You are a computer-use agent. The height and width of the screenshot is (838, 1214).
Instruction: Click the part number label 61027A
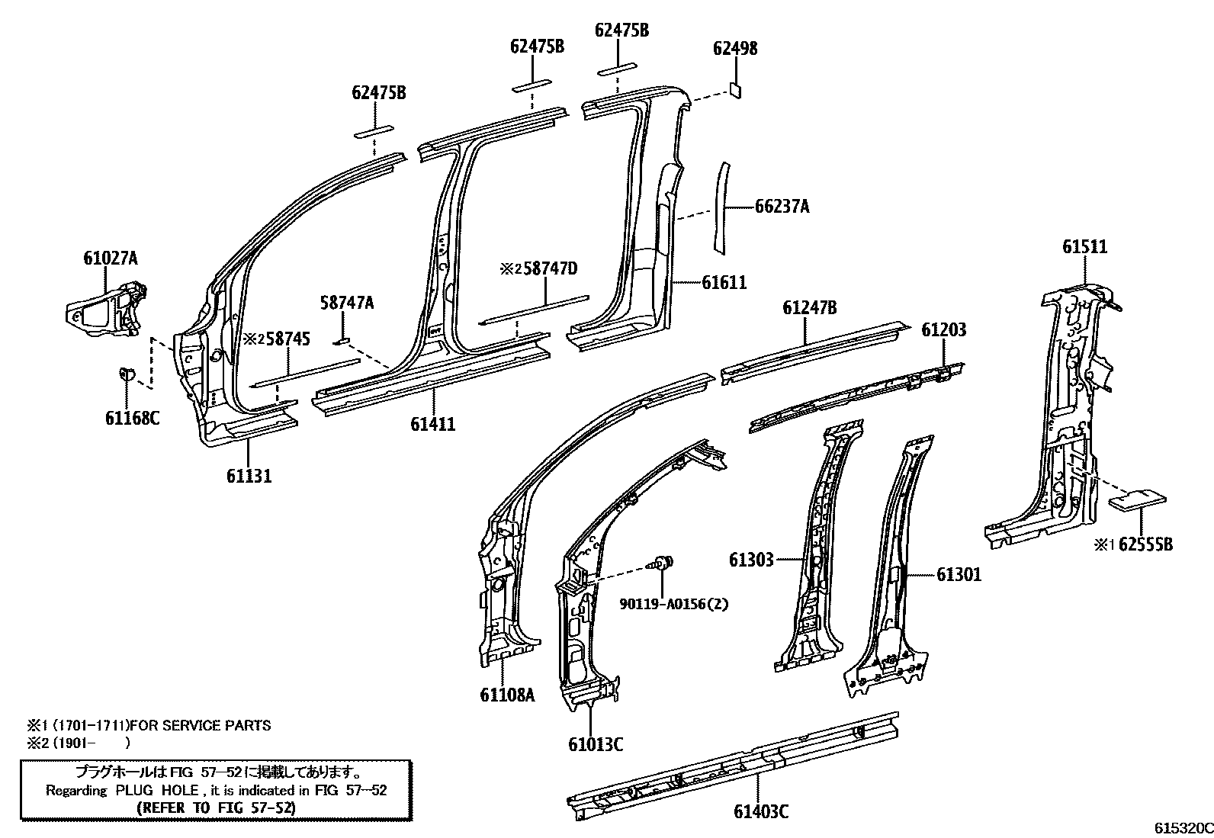click(111, 258)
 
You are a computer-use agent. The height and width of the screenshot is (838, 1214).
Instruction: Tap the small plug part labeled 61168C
click(127, 374)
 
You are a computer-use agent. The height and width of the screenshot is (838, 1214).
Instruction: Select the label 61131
click(249, 476)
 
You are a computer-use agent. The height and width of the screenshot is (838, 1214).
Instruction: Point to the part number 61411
click(432, 424)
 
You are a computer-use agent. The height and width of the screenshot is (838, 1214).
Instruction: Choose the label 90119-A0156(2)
click(673, 604)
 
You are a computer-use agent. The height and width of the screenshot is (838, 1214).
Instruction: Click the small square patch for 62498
click(735, 89)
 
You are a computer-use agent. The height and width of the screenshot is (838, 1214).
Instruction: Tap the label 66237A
click(782, 207)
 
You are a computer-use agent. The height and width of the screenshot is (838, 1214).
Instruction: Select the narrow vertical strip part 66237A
click(721, 207)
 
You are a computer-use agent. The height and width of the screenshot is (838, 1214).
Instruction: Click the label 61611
click(724, 282)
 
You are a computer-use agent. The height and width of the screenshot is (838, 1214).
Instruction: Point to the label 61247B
click(810, 308)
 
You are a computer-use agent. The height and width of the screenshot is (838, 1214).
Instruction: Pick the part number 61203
click(944, 329)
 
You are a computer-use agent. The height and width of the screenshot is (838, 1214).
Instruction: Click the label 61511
click(1084, 247)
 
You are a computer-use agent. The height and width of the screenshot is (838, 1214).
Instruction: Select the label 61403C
click(761, 811)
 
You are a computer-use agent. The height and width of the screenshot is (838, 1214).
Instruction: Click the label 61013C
click(596, 745)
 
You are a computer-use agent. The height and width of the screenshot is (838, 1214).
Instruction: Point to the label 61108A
click(507, 695)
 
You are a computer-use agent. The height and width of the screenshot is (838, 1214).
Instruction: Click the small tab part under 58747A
click(342, 342)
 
